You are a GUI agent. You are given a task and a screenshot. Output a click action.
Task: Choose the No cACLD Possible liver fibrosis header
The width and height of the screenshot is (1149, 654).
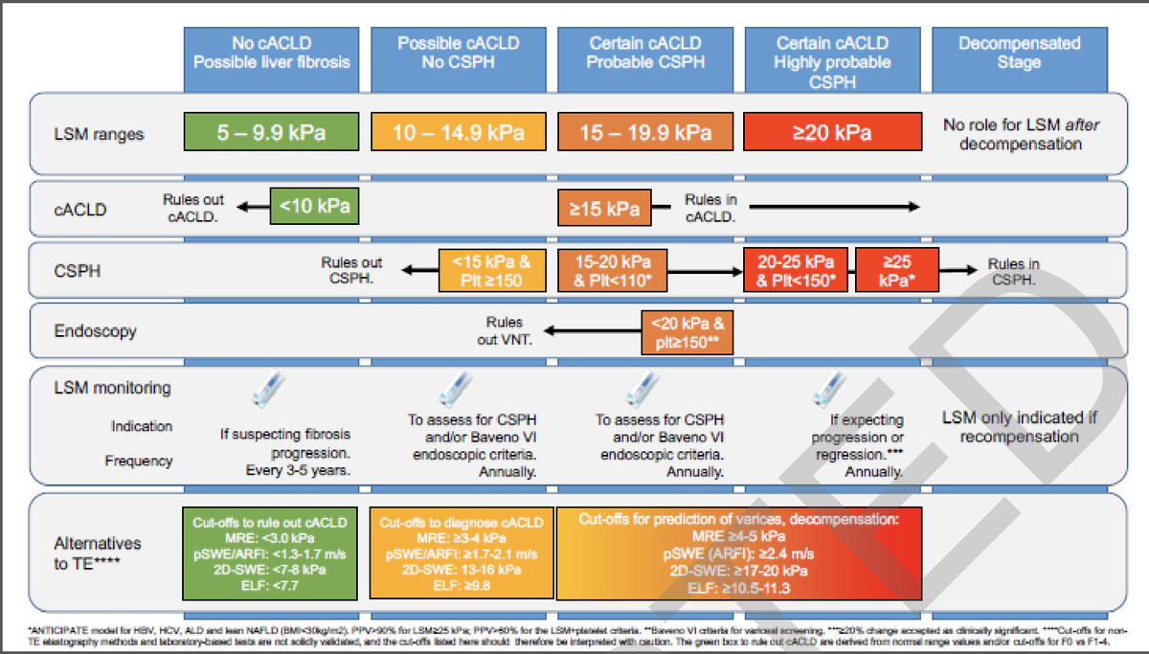pos(272,53)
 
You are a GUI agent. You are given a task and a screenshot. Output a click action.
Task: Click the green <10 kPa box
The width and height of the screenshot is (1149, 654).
pos(314,206)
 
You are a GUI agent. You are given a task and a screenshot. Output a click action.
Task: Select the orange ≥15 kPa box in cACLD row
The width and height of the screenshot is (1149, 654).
pos(604,207)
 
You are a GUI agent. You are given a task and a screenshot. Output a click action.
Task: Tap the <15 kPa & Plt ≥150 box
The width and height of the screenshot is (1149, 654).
pos(484,271)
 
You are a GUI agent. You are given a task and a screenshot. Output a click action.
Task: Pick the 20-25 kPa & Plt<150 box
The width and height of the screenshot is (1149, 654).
pos(797,271)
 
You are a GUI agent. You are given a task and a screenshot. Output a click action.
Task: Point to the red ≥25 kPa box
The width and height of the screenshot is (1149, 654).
pos(896,271)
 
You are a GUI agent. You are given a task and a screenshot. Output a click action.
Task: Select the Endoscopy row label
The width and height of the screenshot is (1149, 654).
pos(95,331)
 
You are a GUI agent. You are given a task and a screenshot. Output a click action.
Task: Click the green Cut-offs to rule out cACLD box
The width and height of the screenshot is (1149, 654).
pos(270,553)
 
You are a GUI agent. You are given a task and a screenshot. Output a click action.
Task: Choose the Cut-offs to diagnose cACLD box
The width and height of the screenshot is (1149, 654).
pos(461,553)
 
